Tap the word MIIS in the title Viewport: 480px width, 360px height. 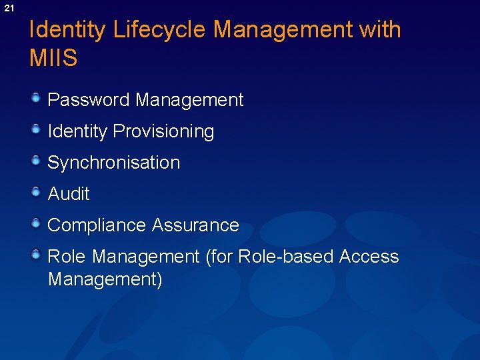coord(53,58)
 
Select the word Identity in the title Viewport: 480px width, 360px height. coord(67,30)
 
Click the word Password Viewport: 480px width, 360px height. coord(89,100)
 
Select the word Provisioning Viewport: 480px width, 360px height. coord(163,132)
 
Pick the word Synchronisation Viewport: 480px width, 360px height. coord(114,163)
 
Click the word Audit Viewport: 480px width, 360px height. coord(69,194)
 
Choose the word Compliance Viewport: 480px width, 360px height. coord(97,225)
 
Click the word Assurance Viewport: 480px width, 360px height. coord(195,225)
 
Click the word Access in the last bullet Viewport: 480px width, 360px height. coord(369,257)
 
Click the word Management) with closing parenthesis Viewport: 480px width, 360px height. coord(105,279)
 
